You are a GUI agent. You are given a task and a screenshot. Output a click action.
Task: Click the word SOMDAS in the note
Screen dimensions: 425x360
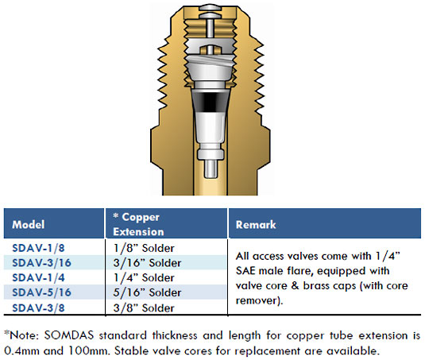click(x=69, y=335)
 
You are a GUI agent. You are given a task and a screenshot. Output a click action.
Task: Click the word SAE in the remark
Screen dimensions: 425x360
click(x=245, y=271)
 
